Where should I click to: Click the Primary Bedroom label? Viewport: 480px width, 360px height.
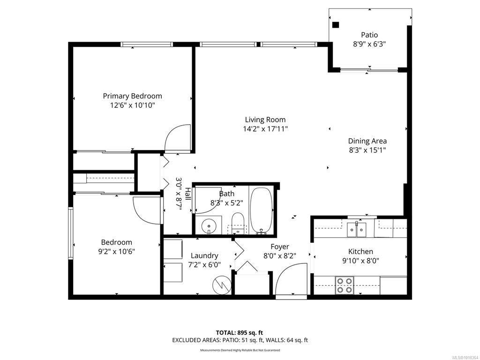132,96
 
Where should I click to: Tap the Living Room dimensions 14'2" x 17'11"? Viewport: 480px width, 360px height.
265,129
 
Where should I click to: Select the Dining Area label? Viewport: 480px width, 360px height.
367,141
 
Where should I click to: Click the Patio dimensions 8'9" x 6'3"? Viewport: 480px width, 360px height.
369,44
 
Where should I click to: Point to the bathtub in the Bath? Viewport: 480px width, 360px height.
261,210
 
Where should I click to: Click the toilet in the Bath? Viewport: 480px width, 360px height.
238,223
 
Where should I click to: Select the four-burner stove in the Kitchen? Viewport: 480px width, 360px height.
345,285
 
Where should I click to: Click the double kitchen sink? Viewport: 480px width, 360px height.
356,230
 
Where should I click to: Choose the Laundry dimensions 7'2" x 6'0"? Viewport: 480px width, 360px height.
204,265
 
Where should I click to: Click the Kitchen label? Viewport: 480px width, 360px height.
360,252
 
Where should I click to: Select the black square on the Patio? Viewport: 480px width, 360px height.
336,25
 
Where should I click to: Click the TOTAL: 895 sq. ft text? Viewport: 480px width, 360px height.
240,333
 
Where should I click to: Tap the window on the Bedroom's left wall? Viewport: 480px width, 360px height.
71,233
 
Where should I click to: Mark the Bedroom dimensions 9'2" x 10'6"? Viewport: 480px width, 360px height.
117,252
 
